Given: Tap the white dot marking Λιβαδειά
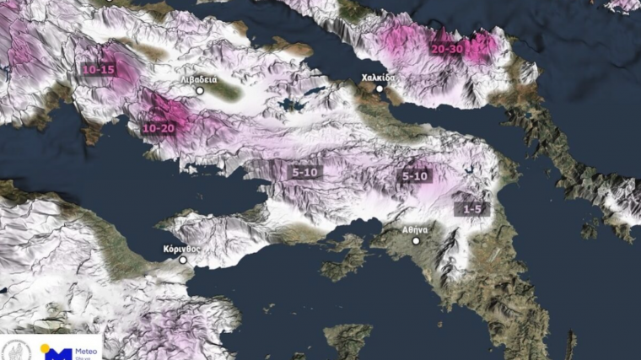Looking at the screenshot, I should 200,90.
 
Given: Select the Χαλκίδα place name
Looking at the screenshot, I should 378,78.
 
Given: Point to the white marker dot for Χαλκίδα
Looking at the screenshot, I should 380,89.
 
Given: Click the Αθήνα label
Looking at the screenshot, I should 415,229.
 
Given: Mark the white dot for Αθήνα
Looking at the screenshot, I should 416,240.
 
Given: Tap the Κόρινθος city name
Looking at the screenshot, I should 182,250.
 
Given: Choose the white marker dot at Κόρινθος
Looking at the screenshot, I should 183,261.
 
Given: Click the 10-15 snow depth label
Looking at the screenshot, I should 98,69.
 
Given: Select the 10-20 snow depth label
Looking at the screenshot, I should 159,128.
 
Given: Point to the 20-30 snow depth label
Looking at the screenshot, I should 446,49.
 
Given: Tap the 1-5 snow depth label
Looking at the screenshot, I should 471,207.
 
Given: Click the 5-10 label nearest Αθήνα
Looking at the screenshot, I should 415,176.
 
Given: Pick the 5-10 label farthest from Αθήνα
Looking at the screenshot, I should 304,172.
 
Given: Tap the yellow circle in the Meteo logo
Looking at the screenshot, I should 45,348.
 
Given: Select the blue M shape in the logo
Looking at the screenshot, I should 57,354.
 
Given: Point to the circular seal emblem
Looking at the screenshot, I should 16,350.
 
